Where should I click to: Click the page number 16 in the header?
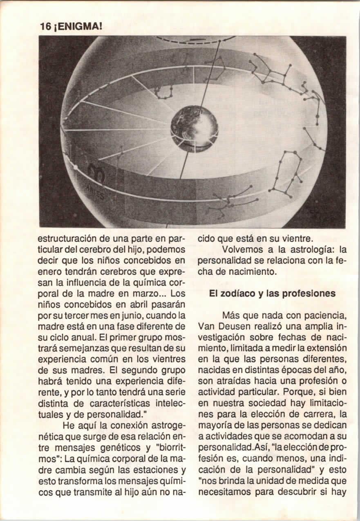point(45,27)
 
